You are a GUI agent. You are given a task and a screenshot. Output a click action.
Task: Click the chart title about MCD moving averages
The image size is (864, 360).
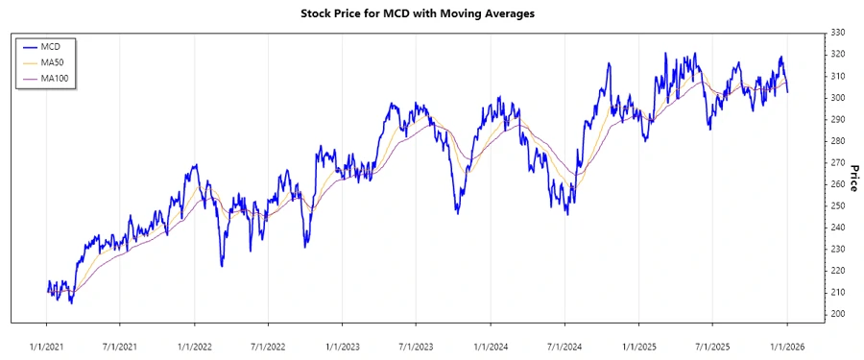(431, 13)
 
